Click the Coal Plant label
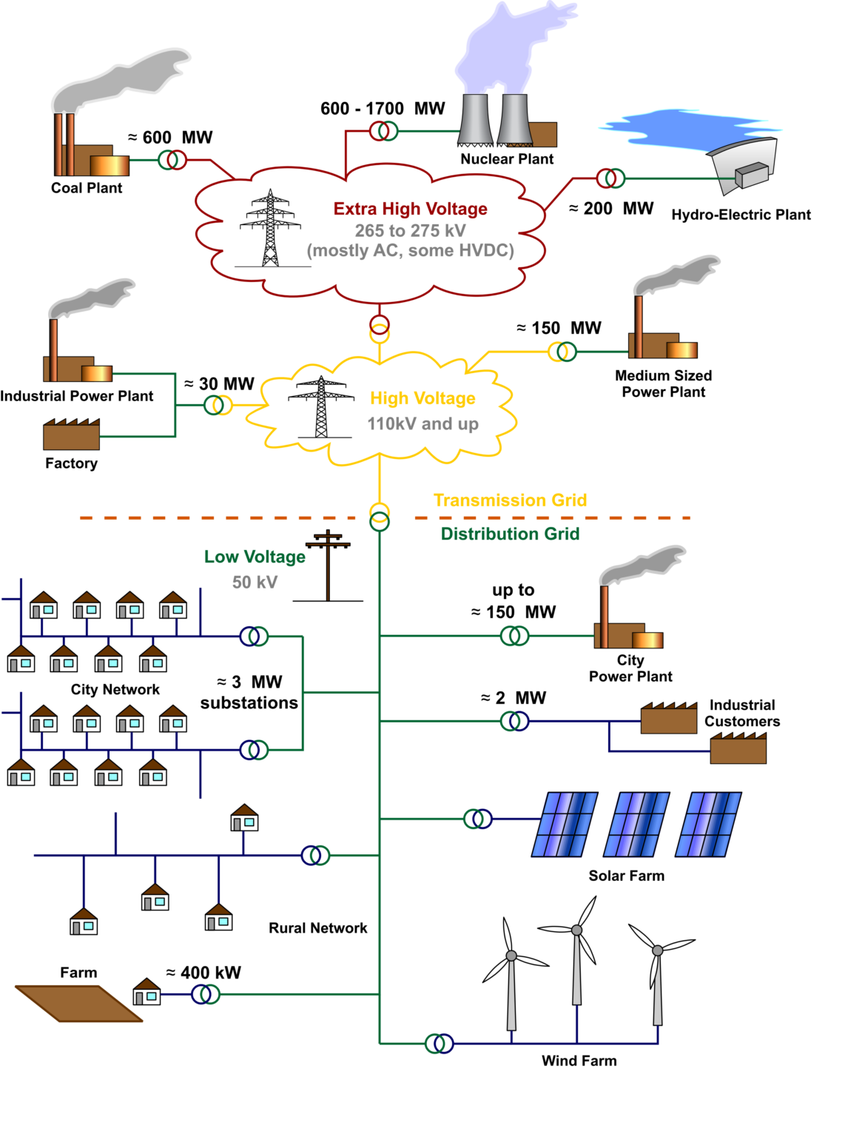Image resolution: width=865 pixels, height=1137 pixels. click(87, 188)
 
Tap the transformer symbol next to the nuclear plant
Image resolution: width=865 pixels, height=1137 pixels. click(383, 131)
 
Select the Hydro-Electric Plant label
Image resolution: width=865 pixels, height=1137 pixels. click(741, 215)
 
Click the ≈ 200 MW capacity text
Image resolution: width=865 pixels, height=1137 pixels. click(611, 208)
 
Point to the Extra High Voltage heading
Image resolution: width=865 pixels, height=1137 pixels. click(410, 208)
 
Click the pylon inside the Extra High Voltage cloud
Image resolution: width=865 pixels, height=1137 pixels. click(271, 228)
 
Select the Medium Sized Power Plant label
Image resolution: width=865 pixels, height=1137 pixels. click(663, 383)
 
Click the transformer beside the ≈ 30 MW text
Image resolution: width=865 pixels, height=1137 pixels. click(218, 405)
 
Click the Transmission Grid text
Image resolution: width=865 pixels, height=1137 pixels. click(510, 500)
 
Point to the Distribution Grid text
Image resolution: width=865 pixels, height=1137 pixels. click(510, 534)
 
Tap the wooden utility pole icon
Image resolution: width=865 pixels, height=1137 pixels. click(328, 565)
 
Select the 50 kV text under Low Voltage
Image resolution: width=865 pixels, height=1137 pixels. click(255, 583)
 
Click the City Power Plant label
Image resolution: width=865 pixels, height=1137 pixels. click(630, 668)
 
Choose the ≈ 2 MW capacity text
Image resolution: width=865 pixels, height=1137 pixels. click(513, 698)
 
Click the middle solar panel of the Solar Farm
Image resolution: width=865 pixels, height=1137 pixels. click(636, 824)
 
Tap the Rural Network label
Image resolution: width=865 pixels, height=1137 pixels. click(318, 928)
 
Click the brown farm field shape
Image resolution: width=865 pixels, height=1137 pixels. click(78, 1003)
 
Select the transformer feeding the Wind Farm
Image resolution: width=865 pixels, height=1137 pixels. click(439, 1043)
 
